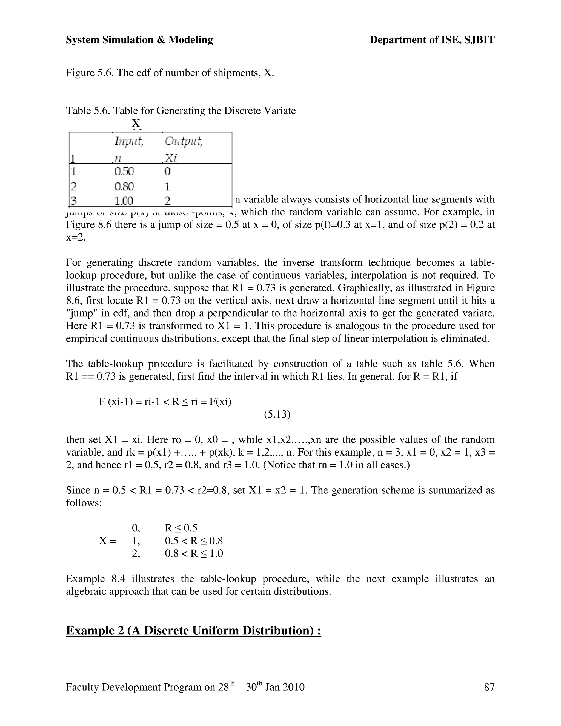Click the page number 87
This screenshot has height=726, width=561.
tap(489, 687)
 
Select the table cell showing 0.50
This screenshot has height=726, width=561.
tap(124, 172)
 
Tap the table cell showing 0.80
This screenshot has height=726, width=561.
tap(124, 187)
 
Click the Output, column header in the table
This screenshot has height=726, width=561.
tap(184, 142)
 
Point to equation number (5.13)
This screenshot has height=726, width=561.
tap(277, 415)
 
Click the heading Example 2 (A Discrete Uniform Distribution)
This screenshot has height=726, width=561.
tap(193, 631)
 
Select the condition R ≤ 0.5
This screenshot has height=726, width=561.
tap(181, 528)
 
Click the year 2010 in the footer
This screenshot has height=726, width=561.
tap(293, 687)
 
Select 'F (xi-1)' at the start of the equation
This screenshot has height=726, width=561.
tap(115, 402)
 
